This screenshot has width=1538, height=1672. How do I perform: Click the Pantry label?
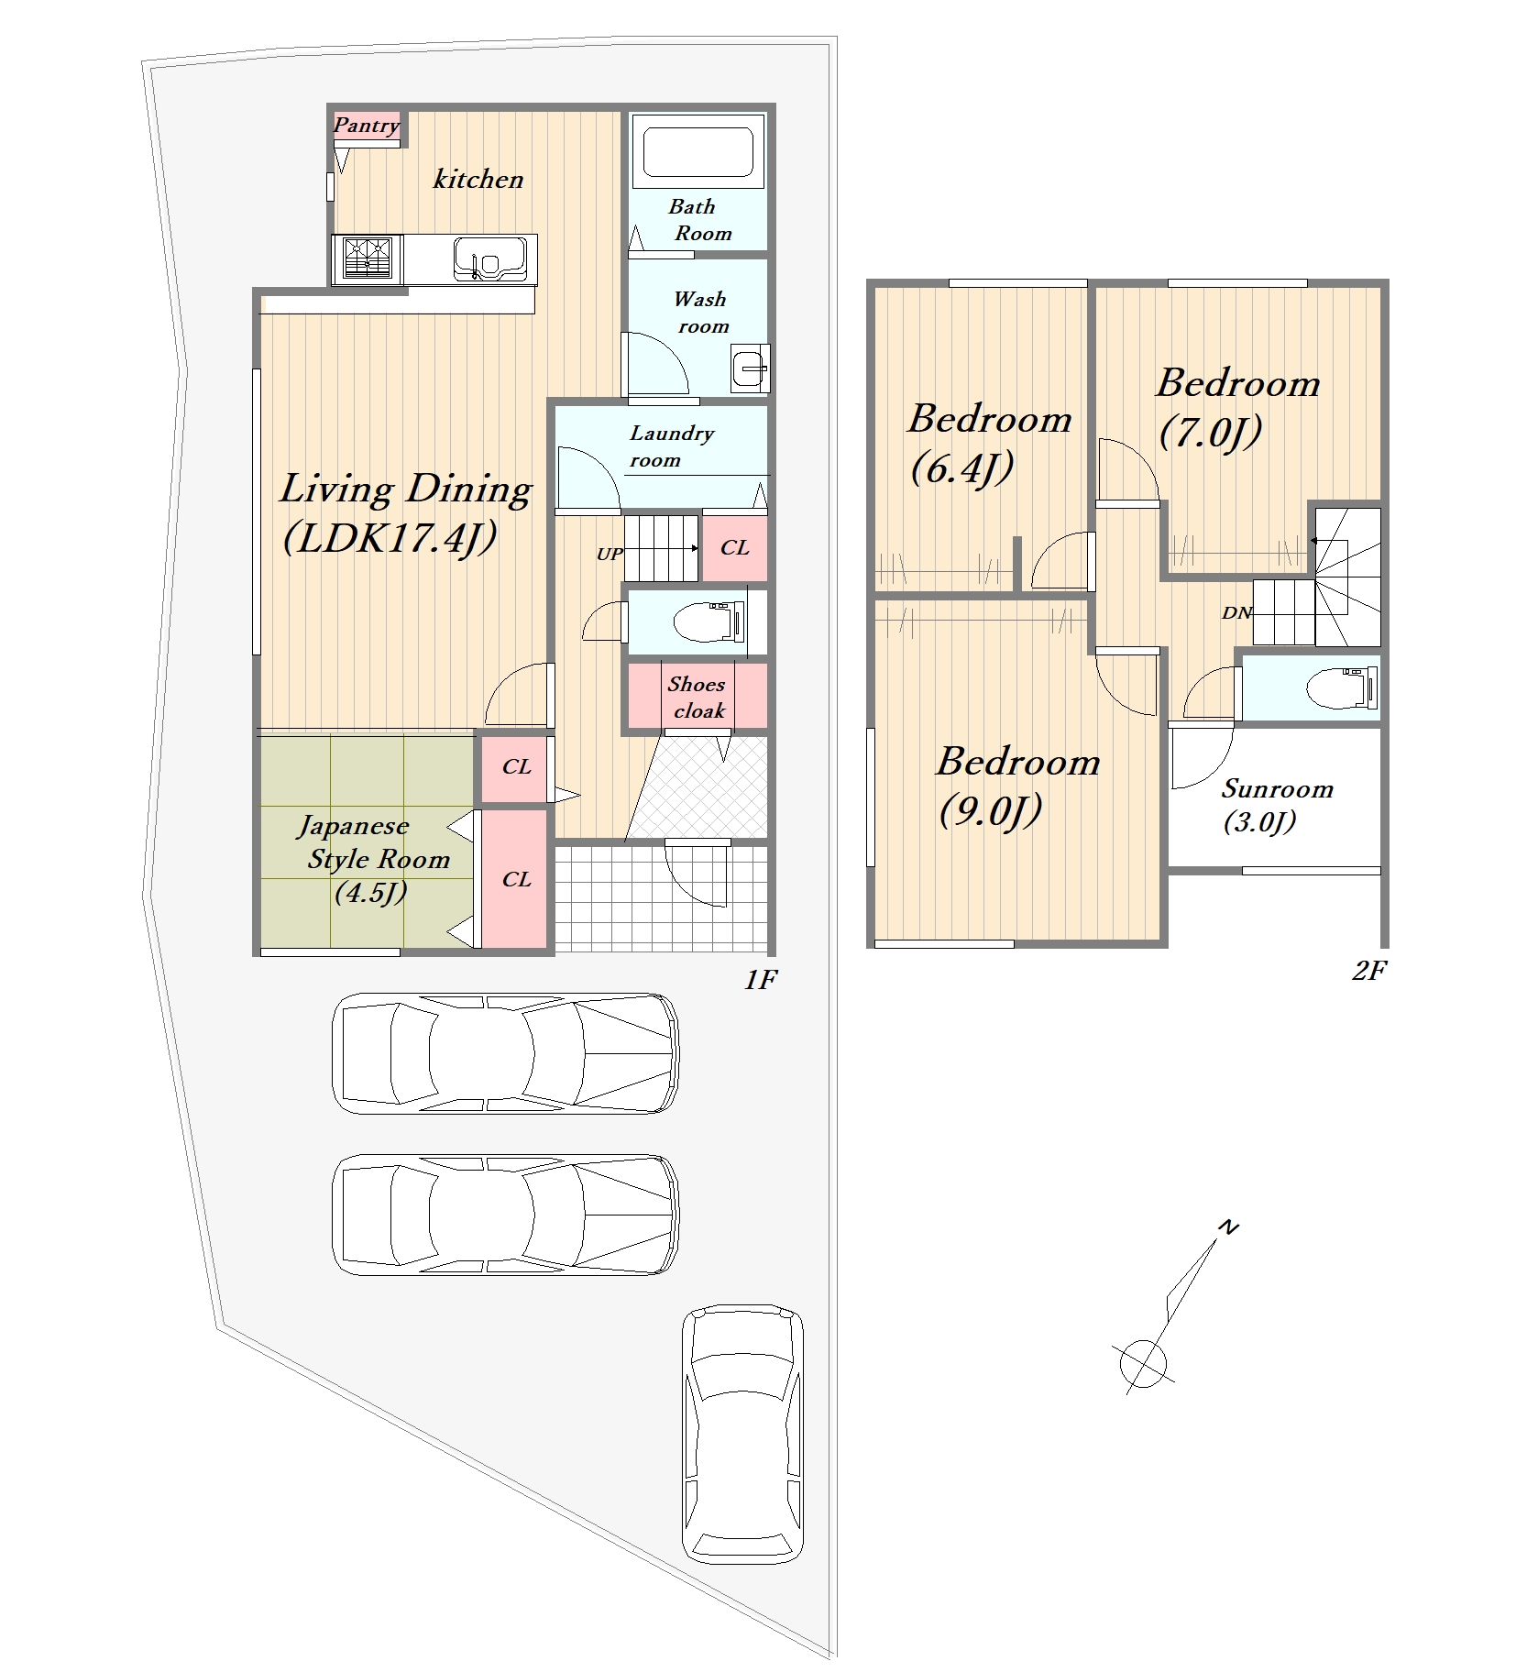click(367, 126)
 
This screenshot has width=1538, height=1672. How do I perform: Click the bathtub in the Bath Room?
click(698, 151)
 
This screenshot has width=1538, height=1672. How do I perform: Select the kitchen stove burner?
click(367, 258)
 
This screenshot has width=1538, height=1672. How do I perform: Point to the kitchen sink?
click(490, 258)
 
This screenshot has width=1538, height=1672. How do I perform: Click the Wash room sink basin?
click(751, 368)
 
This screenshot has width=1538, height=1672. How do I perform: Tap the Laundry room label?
click(671, 446)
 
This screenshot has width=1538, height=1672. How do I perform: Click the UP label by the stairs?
click(610, 554)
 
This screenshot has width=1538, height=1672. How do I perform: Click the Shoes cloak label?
click(697, 698)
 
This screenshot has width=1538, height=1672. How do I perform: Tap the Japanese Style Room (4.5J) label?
click(374, 858)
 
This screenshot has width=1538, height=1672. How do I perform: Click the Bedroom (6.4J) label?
click(990, 444)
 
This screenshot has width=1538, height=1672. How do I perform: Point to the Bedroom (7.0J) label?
click(1237, 407)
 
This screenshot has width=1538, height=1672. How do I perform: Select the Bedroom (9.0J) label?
click(1017, 786)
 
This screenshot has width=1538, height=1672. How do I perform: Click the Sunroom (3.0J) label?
click(1277, 805)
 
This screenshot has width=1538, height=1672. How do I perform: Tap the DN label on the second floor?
click(1236, 613)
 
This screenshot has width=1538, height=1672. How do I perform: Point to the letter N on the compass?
click(1228, 1226)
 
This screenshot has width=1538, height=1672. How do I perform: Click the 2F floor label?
click(1369, 971)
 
